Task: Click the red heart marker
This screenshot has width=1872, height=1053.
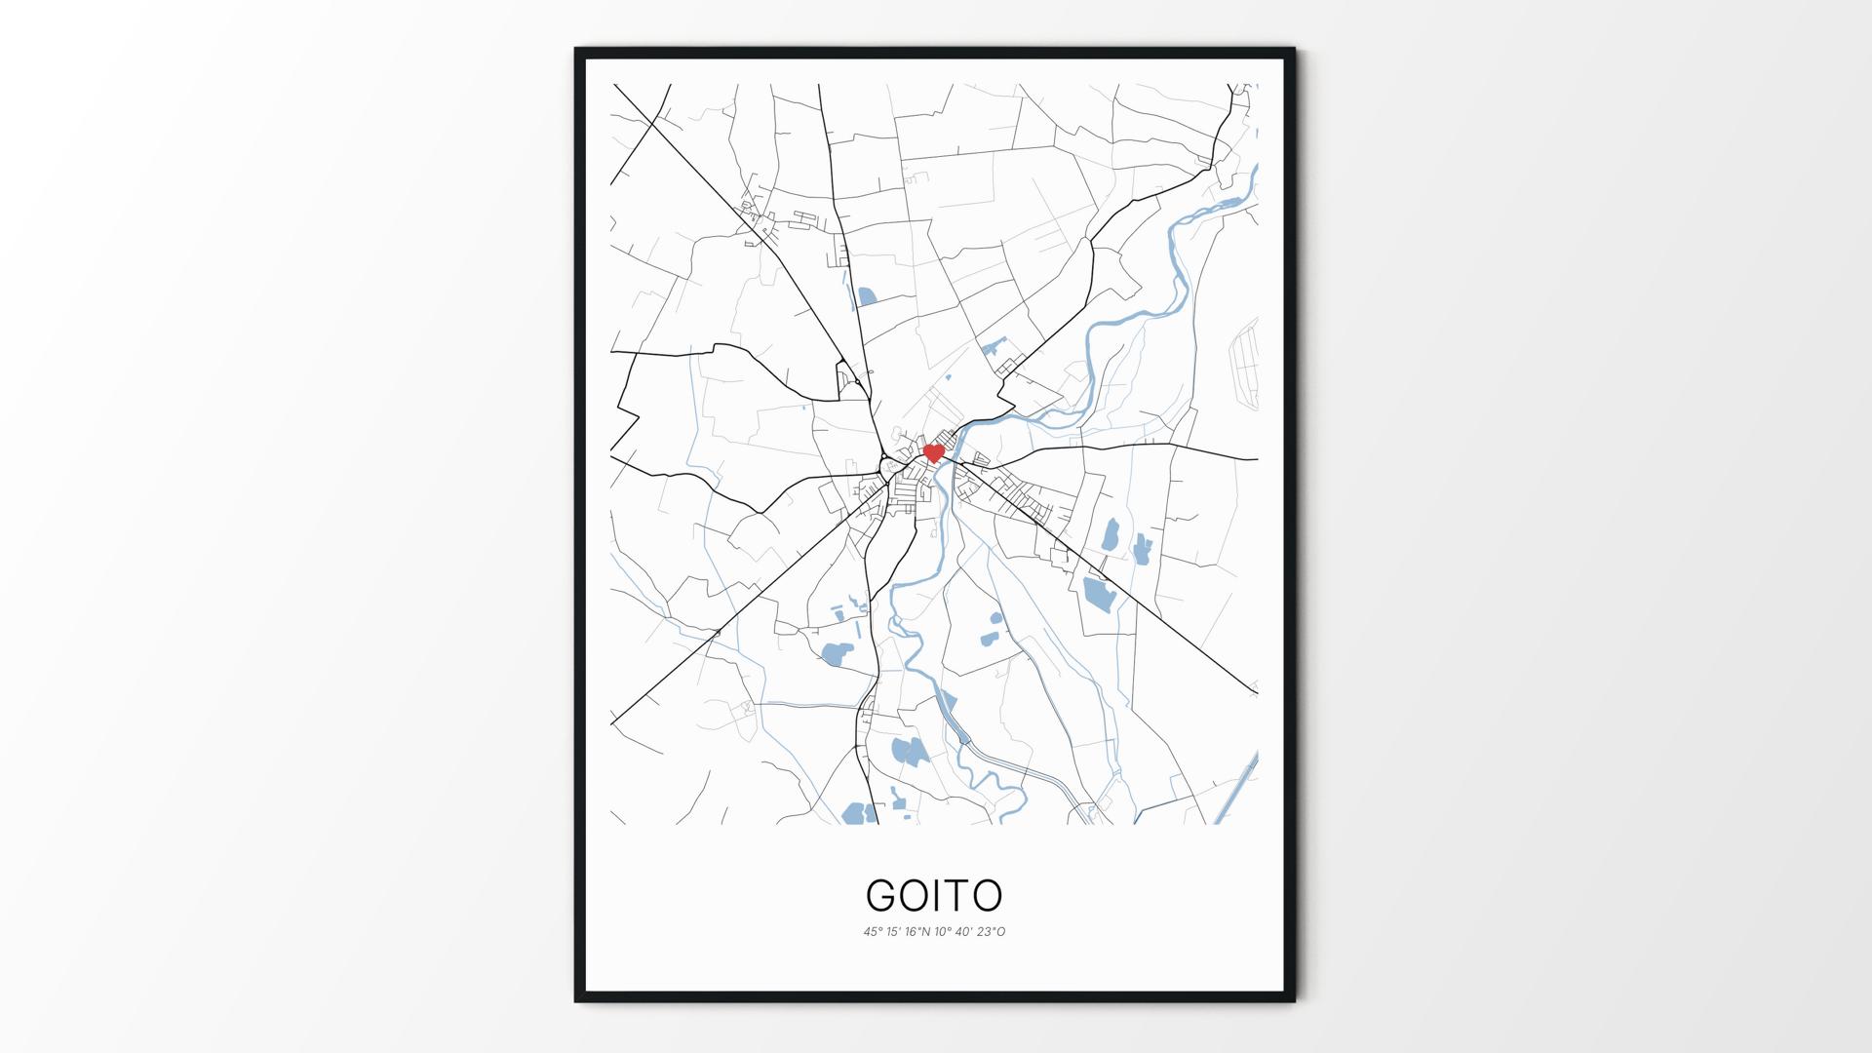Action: (933, 453)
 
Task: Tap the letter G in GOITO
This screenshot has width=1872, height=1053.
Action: (882, 895)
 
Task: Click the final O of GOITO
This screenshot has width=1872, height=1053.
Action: (987, 895)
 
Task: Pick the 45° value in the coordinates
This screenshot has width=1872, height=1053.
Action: (872, 932)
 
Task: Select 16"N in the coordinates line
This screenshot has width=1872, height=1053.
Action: (917, 932)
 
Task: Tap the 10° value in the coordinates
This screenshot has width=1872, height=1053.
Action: (944, 932)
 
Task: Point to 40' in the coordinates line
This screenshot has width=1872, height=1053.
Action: (965, 932)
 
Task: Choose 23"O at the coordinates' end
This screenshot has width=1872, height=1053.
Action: (992, 932)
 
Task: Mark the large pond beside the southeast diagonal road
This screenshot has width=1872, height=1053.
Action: (1098, 595)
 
